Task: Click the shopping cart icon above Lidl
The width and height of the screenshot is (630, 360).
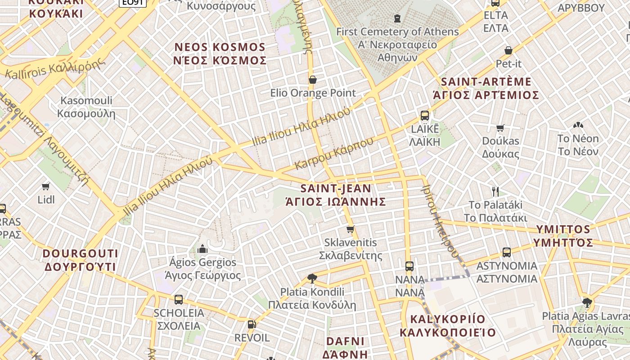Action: pyautogui.click(x=45, y=186)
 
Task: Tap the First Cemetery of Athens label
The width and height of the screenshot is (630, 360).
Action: pyautogui.click(x=397, y=32)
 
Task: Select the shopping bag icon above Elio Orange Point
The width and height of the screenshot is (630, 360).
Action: pyautogui.click(x=312, y=80)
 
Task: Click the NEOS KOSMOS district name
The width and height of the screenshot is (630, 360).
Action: pyautogui.click(x=220, y=47)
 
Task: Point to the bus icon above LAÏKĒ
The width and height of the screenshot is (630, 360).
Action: pyautogui.click(x=424, y=116)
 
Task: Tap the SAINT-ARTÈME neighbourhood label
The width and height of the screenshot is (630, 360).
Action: pyautogui.click(x=486, y=82)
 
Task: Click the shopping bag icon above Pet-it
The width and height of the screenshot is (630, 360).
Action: pyautogui.click(x=508, y=50)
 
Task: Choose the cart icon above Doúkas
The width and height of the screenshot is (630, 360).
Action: pyautogui.click(x=500, y=128)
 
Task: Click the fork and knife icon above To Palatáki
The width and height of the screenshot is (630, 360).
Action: pyautogui.click(x=495, y=192)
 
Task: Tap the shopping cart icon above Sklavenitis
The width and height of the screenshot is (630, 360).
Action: pyautogui.click(x=351, y=229)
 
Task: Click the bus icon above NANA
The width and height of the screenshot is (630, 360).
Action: pyautogui.click(x=409, y=266)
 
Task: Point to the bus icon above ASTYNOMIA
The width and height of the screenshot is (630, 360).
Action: pyautogui.click(x=507, y=252)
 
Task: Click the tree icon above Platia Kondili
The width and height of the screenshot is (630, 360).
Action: pyautogui.click(x=312, y=278)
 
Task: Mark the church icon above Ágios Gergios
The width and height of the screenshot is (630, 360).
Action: pyautogui.click(x=202, y=249)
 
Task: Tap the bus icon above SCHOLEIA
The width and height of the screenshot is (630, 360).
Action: pyautogui.click(x=179, y=300)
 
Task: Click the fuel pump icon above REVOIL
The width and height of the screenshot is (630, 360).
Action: pyautogui.click(x=252, y=324)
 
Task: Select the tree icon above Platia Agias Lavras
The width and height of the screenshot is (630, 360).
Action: pyautogui.click(x=586, y=302)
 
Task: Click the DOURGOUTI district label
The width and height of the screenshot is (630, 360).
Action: pyautogui.click(x=81, y=253)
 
